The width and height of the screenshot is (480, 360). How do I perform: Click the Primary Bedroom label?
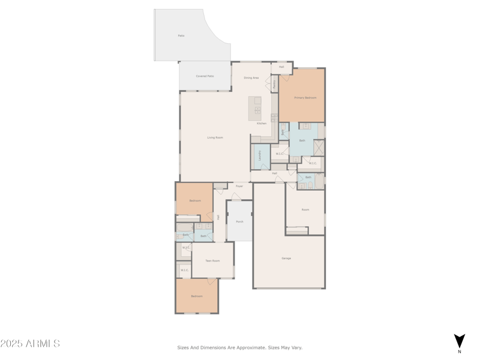305,97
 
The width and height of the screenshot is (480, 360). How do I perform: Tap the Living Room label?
215,137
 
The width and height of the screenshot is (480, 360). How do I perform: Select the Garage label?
286,258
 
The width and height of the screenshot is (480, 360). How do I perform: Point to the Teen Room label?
212,260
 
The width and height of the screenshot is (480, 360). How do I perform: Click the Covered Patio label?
205,76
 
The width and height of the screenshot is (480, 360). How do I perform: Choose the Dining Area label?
251,78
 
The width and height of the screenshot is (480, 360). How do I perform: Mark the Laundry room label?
260,155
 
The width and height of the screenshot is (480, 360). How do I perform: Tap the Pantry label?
275,83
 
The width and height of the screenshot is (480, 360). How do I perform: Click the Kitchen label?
262,124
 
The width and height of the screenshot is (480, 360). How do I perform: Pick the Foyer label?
239,187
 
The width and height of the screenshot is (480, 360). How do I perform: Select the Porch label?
239,221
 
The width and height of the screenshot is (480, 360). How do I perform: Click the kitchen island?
256,106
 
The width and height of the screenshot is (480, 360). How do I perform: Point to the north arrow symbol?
460,340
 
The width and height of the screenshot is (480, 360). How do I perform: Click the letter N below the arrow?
460,352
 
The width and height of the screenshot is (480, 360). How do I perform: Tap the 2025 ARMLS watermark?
30,344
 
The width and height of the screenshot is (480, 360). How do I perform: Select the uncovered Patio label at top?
181,36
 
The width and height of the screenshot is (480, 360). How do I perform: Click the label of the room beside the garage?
305,209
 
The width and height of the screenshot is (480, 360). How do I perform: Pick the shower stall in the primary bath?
319,148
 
